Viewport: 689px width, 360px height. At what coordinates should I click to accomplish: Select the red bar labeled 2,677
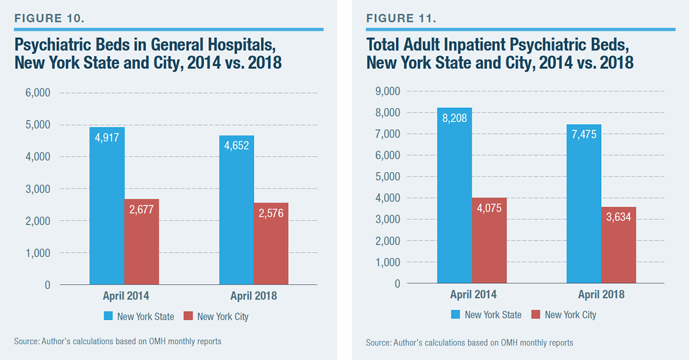tap(142, 242)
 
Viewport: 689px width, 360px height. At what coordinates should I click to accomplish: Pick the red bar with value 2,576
tap(271, 243)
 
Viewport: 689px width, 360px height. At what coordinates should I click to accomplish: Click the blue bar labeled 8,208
tap(454, 195)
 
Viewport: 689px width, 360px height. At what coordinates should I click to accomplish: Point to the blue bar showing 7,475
tap(584, 203)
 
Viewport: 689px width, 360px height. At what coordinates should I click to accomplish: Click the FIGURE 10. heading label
tap(50, 18)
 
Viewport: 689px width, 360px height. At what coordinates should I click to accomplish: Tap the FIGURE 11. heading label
tap(401, 18)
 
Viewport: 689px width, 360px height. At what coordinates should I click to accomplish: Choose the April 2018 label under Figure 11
tap(601, 295)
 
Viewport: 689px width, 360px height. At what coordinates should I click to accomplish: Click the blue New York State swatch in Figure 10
tap(109, 316)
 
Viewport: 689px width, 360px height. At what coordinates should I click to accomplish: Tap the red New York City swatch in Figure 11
tap(536, 315)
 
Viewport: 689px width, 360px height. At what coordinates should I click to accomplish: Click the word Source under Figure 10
tap(26, 342)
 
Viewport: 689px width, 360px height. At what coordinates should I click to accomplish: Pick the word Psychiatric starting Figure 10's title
tap(51, 45)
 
